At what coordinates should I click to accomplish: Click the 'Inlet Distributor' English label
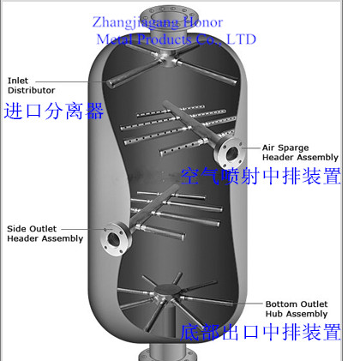coord(31,86)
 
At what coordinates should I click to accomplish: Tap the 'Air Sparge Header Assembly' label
coord(300,153)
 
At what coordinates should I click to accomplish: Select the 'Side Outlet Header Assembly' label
coord(45,233)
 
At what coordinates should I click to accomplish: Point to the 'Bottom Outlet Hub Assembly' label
coord(297,309)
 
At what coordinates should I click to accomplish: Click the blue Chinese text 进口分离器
coord(54,111)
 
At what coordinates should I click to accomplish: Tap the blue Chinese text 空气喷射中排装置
coord(261,176)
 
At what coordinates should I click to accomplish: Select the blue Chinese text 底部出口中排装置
coord(261,332)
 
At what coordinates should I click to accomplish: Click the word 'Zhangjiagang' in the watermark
coord(135,22)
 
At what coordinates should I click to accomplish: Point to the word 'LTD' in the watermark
coord(242,39)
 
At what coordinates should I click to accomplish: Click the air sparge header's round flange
coord(229,153)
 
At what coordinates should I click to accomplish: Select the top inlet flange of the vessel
coord(168,14)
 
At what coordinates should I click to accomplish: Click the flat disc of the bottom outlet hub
coord(168,290)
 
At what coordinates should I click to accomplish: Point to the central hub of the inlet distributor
coord(167,58)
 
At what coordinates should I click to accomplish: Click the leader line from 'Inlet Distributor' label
coord(71,82)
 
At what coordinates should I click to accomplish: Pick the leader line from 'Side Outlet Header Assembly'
coord(83,229)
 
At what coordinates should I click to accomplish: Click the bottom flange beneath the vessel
coord(168,356)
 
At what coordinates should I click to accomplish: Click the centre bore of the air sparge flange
coord(231,153)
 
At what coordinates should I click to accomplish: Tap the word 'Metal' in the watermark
coord(114,39)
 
